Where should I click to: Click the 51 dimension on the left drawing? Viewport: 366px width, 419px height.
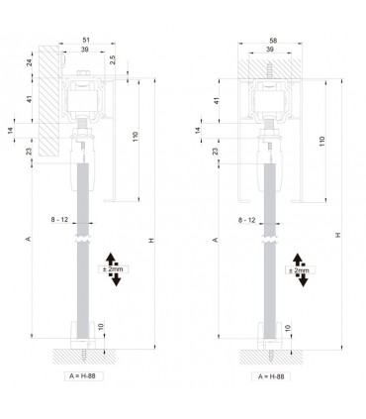click(x=86, y=40)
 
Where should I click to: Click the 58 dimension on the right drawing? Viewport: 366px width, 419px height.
click(x=273, y=41)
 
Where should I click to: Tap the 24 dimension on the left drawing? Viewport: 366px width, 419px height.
click(x=29, y=62)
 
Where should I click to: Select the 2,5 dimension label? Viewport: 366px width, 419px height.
click(x=113, y=59)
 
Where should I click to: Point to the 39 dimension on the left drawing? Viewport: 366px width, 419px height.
click(x=85, y=50)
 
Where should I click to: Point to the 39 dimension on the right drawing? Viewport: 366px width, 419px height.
click(x=270, y=50)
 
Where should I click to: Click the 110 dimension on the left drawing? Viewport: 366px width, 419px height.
click(x=135, y=137)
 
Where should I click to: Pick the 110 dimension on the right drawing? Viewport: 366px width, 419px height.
click(x=321, y=142)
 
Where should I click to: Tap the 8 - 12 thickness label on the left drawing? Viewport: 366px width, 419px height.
click(x=59, y=219)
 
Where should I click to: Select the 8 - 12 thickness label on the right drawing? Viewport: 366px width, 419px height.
click(x=246, y=220)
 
